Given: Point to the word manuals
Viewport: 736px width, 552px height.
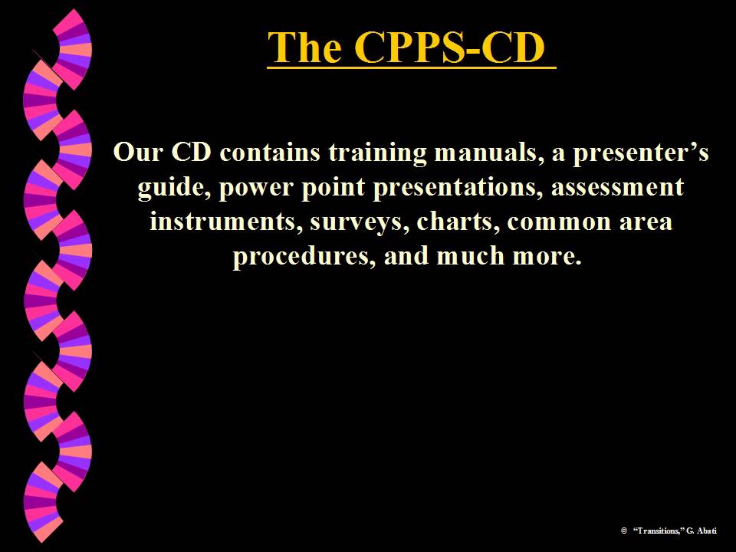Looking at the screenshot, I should pos(488,152).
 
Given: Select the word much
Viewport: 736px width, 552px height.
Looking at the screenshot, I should pos(472,256).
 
